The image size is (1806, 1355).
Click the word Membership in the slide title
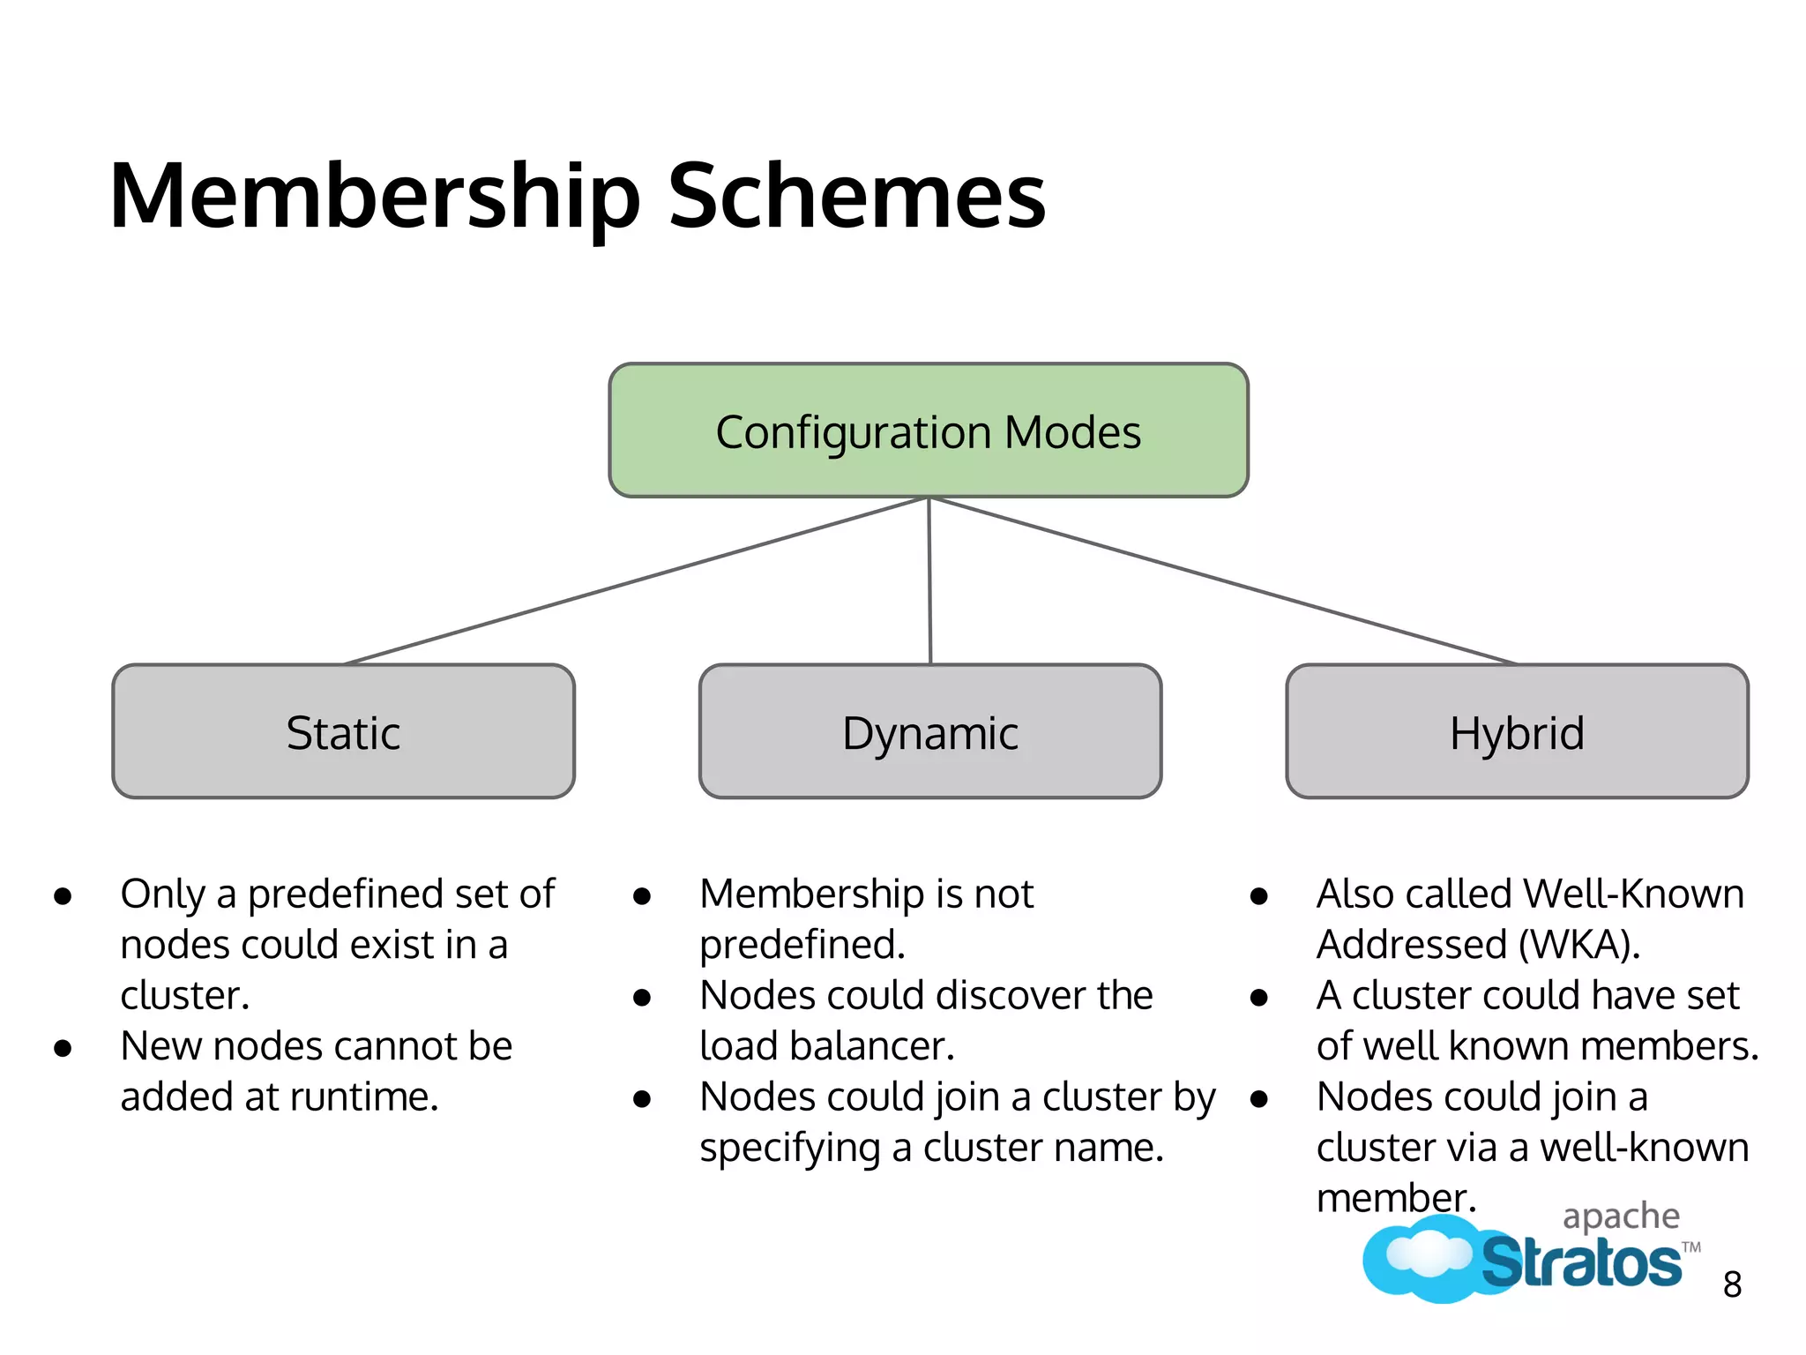375,196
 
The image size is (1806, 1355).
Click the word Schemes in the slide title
856,196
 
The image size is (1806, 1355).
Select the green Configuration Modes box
928,430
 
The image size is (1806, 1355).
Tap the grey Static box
343,731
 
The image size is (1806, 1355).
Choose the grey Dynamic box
929,731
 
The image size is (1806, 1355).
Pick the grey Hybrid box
1517,731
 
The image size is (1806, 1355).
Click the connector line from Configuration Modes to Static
635,580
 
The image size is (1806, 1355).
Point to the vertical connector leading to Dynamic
929,580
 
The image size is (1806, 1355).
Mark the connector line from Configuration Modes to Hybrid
1222,580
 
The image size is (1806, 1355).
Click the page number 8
1732,1284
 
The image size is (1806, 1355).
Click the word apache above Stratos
1621,1217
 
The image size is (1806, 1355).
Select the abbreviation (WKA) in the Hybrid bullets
1578,945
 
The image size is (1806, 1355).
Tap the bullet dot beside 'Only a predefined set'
63,896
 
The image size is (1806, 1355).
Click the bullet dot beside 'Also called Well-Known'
1259,896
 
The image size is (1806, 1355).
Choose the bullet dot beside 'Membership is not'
642,896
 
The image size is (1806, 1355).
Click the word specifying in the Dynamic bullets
789,1149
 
